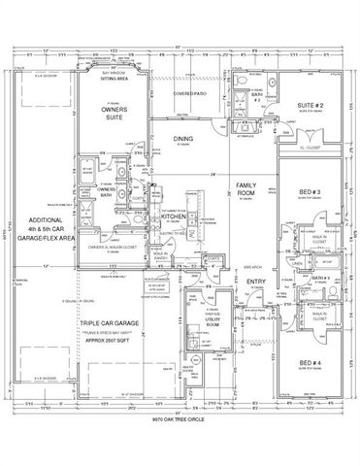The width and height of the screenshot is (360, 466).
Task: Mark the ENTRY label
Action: click(256, 282)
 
